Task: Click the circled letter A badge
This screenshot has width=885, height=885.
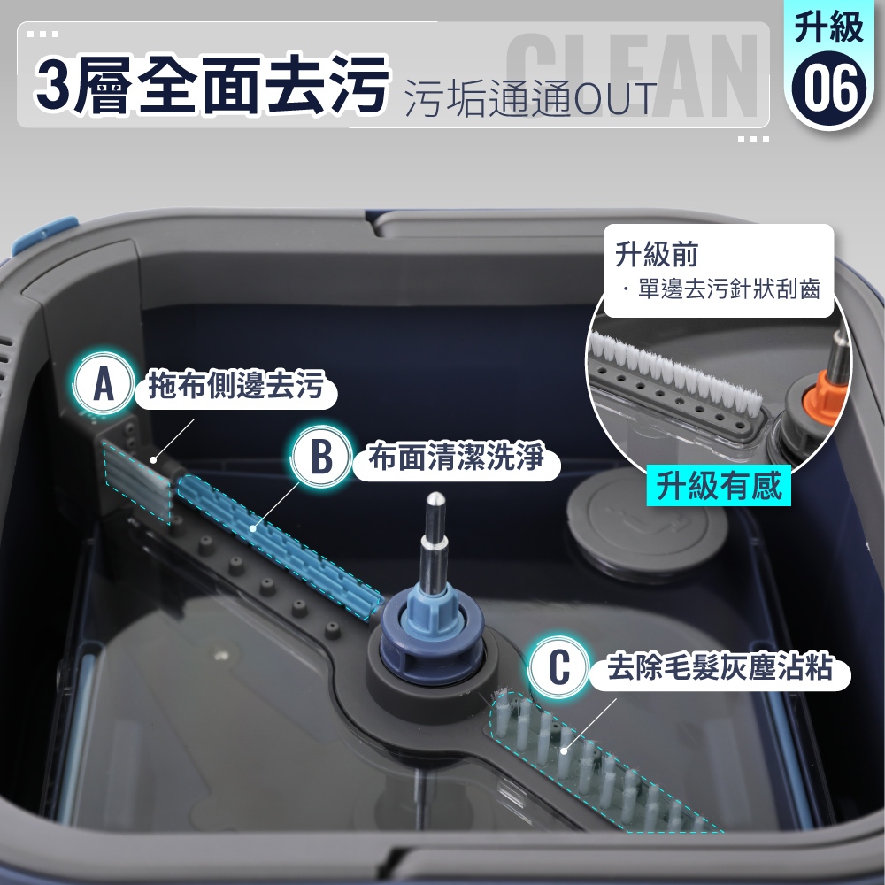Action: click(x=104, y=383)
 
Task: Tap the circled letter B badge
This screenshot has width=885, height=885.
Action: click(x=322, y=456)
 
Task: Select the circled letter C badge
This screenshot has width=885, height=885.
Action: click(x=558, y=666)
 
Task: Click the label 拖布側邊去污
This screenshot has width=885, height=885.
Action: click(x=236, y=385)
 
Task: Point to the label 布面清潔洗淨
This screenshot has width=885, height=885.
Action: click(x=456, y=457)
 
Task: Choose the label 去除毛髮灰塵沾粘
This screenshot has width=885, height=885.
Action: click(x=720, y=667)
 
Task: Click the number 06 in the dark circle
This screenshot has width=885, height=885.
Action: click(x=828, y=89)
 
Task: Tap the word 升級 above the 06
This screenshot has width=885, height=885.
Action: click(x=828, y=27)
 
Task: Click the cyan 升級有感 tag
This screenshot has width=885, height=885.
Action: click(x=719, y=485)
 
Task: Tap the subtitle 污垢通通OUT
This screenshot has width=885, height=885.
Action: click(x=531, y=99)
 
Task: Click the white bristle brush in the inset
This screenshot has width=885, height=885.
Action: click(x=674, y=373)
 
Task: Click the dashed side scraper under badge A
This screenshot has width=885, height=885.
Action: click(x=137, y=481)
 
